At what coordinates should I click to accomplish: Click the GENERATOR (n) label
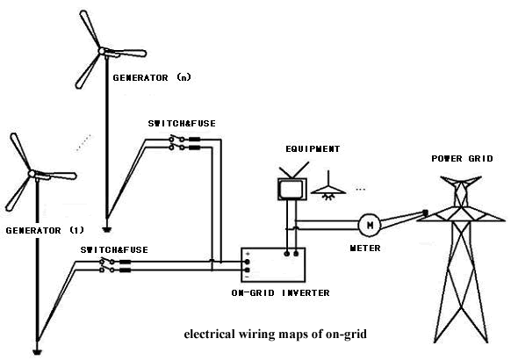(151, 77)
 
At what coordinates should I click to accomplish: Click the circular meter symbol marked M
(370, 226)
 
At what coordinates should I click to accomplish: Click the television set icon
(289, 189)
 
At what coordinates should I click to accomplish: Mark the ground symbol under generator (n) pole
(105, 230)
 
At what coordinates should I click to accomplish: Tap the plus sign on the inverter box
(248, 256)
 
